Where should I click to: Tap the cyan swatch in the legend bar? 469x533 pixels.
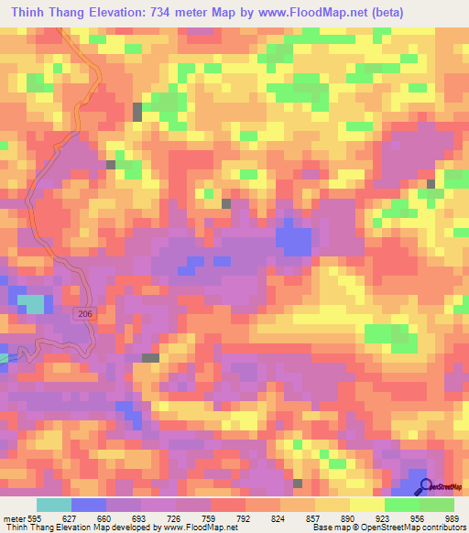pos(54,505)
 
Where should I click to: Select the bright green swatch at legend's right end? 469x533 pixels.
pos(437,505)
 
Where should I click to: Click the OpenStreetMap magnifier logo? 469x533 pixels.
pos(425,486)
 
